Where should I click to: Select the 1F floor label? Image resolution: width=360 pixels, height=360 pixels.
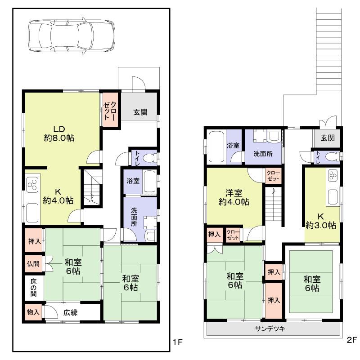click(x=177, y=342)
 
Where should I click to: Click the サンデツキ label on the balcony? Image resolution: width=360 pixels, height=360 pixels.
click(x=270, y=329)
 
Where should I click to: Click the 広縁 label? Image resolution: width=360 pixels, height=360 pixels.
click(x=71, y=312)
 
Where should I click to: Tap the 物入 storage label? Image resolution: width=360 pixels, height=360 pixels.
click(x=32, y=311)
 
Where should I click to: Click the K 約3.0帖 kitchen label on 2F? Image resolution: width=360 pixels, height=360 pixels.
click(x=321, y=220)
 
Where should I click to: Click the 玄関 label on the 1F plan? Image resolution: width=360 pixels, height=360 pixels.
click(x=139, y=112)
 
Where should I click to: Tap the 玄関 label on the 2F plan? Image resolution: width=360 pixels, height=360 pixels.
click(x=328, y=138)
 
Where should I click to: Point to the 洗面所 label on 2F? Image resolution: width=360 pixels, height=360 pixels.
click(x=263, y=153)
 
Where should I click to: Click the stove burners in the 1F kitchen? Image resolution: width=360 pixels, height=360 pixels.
click(x=32, y=185)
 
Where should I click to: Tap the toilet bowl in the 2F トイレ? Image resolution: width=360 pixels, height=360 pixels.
click(x=332, y=157)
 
